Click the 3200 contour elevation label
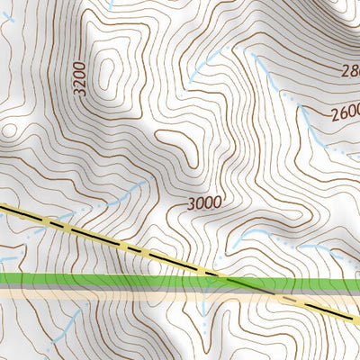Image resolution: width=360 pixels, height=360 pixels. pos(82,79)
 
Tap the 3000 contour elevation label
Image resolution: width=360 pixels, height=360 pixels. pos(205,202)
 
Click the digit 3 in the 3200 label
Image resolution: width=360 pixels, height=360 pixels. pos(82,92)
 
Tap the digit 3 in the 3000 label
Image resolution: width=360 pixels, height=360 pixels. pos(193,203)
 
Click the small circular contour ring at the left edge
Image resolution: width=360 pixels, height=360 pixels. pos(10,130)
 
